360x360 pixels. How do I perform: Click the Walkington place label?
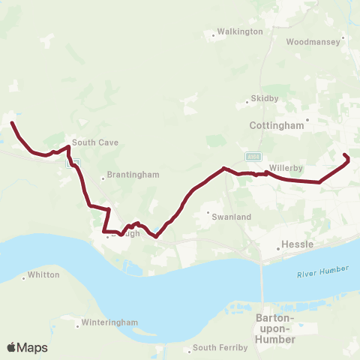(239, 32)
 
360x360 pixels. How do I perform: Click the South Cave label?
(95, 142)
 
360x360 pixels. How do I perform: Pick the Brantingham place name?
(133, 175)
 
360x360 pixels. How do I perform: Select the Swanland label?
(233, 216)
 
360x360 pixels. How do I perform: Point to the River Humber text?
(328, 271)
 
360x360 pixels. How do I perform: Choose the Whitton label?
(43, 275)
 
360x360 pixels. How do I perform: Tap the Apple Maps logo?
(27, 347)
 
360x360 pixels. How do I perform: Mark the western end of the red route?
(12, 123)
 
